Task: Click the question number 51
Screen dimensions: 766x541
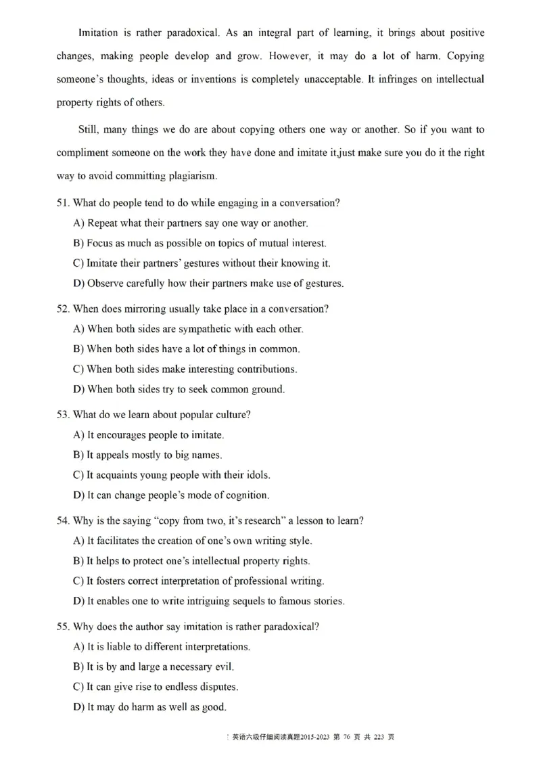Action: (x=63, y=203)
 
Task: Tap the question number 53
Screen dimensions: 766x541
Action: (x=63, y=414)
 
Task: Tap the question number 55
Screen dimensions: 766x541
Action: (x=63, y=627)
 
